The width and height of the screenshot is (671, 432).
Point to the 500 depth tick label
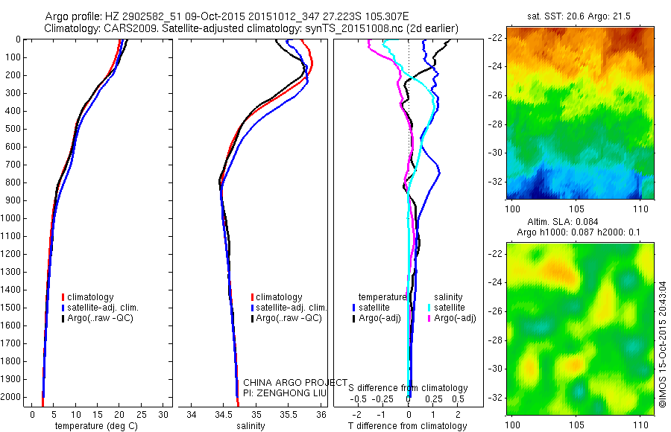tap(13, 129)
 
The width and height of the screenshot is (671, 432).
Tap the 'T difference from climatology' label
tap(408, 426)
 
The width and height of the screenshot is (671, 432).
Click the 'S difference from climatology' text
tap(408, 388)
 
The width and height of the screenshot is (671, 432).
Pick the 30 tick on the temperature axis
tap(164, 414)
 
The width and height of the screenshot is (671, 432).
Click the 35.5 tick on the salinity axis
tap(289, 414)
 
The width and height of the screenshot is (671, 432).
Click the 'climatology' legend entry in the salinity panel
tap(279, 297)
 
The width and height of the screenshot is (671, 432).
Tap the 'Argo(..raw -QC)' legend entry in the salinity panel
tap(289, 318)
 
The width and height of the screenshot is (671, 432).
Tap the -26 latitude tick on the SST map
tap(496, 95)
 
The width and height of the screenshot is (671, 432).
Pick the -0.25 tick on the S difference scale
tap(388, 398)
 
